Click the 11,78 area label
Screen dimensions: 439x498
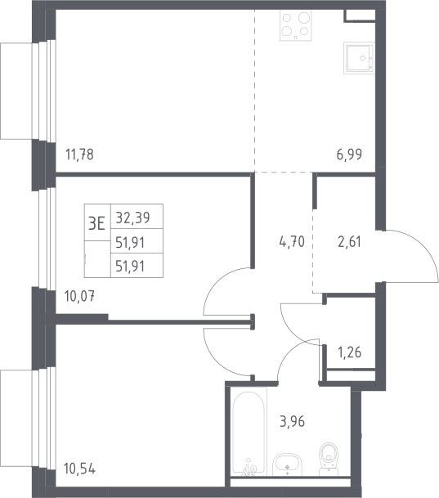[79, 155]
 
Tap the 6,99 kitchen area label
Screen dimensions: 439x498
[349, 155]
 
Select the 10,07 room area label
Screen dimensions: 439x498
[79, 296]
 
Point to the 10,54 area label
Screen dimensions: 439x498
[79, 469]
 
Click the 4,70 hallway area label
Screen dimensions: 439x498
[292, 242]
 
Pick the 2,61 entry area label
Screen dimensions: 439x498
[349, 242]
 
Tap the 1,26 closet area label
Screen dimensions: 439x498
[350, 352]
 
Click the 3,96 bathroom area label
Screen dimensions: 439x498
[292, 421]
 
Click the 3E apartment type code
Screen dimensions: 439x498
[96, 223]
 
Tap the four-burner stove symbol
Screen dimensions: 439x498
[295, 25]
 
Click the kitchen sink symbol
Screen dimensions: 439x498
[360, 58]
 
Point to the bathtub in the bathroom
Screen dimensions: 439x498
[249, 432]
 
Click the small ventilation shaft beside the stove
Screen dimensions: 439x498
[360, 16]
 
